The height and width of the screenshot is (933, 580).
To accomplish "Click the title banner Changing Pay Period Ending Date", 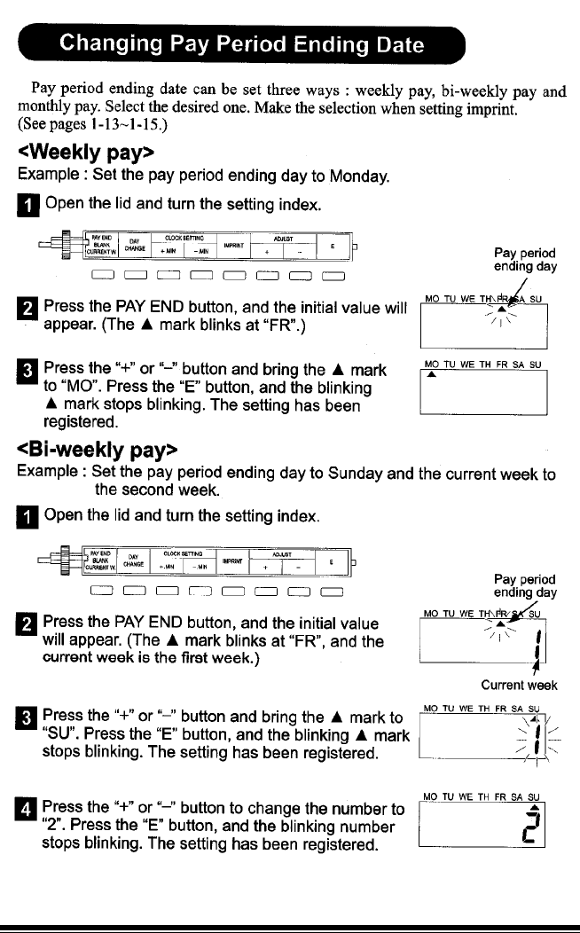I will pyautogui.click(x=239, y=43).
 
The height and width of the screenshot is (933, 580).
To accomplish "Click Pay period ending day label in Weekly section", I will pyautogui.click(x=526, y=259).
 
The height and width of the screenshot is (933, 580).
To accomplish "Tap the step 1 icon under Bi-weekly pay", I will pyautogui.click(x=25, y=515).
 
